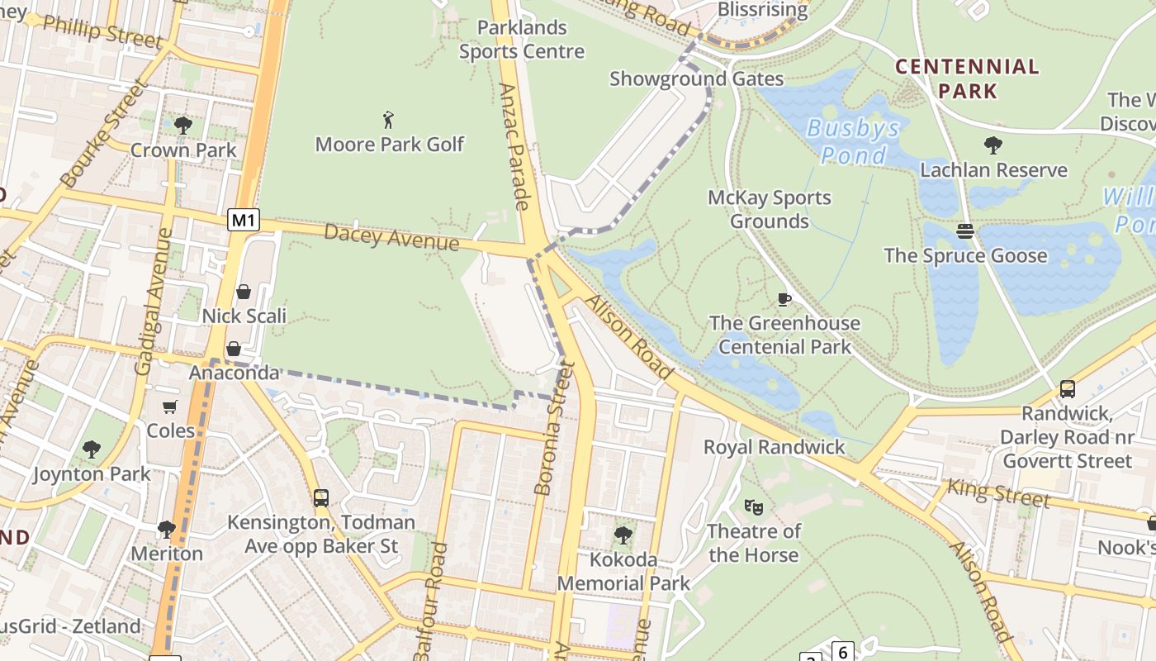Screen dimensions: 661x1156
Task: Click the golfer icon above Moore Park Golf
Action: point(389,120)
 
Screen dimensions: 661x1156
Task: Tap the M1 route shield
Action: point(244,220)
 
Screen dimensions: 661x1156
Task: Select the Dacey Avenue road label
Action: point(391,236)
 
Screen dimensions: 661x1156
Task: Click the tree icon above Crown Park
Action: point(183,126)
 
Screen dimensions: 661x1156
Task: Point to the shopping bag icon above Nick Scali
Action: point(244,292)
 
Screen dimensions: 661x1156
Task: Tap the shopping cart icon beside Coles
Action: point(170,407)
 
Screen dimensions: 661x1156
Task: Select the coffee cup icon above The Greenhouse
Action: point(784,298)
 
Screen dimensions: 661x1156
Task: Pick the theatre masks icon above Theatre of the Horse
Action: point(753,506)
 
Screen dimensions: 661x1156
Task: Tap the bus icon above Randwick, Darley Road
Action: point(1067,388)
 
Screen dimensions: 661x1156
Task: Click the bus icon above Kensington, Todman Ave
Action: point(321,498)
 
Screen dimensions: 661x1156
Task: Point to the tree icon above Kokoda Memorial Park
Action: point(623,535)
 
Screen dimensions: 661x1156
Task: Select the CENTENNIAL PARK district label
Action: point(967,78)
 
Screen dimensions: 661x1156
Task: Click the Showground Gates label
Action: point(696,78)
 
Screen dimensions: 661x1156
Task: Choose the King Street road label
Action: point(998,493)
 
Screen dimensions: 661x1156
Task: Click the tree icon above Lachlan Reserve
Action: point(993,145)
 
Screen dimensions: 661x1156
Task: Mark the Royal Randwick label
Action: point(775,447)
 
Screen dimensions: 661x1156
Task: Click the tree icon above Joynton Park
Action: point(92,449)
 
